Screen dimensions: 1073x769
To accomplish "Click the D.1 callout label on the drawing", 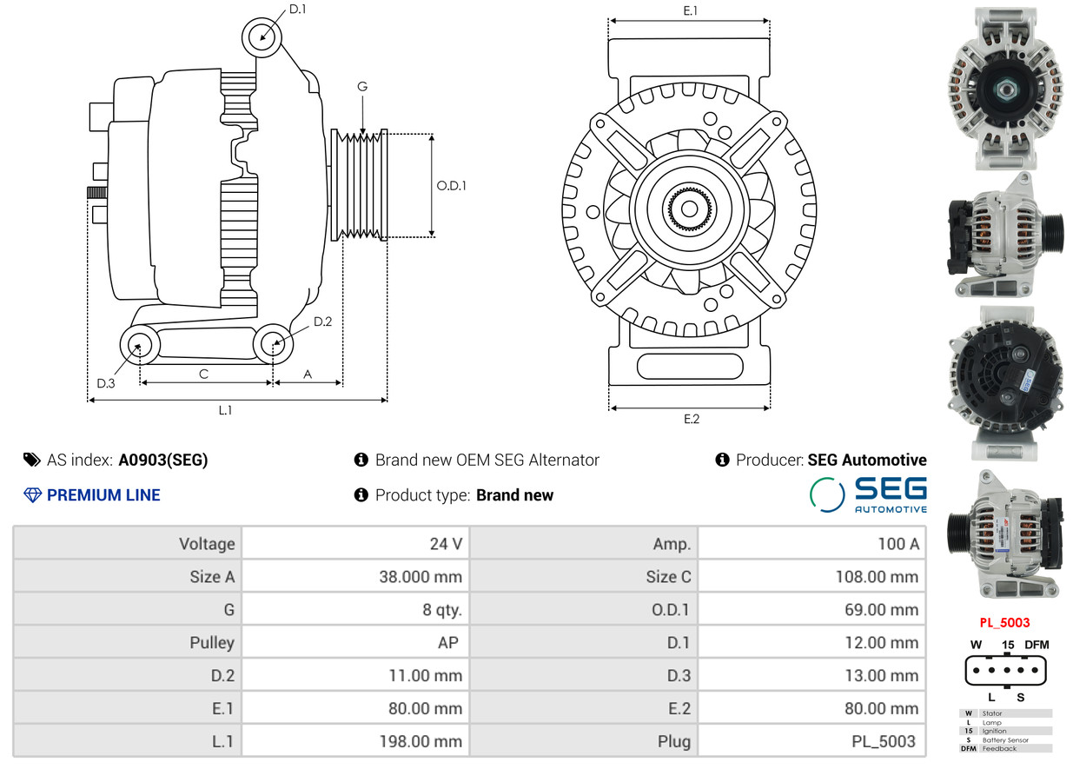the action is [x=297, y=9].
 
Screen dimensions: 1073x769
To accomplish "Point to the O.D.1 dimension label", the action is [x=451, y=185].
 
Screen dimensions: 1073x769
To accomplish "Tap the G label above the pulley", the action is [x=362, y=87].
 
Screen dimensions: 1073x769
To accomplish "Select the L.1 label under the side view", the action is [x=225, y=410].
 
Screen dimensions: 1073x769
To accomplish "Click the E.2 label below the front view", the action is [x=692, y=419].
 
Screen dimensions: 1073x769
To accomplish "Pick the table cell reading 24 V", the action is [x=446, y=544].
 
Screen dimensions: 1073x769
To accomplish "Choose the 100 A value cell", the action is [x=898, y=544].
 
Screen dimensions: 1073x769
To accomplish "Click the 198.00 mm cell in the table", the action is [x=421, y=741].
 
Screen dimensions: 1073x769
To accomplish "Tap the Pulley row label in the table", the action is [x=212, y=642].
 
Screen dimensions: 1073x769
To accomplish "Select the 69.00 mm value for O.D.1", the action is [x=881, y=609].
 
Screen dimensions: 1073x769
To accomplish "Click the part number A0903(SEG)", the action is [x=162, y=460].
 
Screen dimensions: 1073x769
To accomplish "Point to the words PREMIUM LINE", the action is [x=103, y=495].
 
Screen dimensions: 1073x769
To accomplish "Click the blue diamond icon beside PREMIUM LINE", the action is [x=32, y=495].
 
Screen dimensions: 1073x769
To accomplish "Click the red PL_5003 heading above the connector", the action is [x=1004, y=622].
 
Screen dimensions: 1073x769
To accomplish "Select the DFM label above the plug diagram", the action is [x=1037, y=645].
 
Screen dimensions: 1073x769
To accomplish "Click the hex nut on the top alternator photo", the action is [x=1006, y=89].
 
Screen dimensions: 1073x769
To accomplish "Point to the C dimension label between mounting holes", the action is [x=203, y=375].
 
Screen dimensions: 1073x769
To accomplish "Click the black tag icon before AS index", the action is [x=32, y=460].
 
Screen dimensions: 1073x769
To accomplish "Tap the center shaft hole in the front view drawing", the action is [x=689, y=209].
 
